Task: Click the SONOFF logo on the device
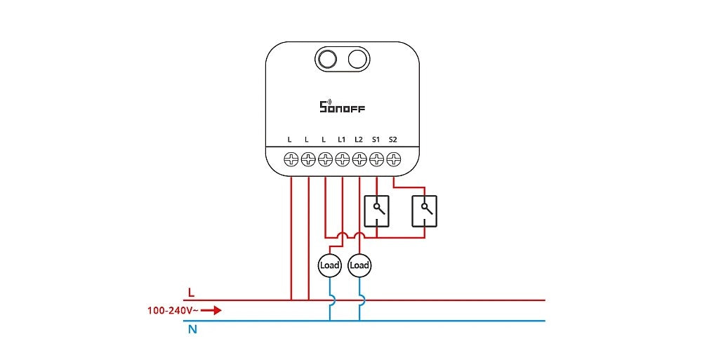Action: click(343, 107)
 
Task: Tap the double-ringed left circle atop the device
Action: click(327, 59)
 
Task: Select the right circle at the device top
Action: click(357, 59)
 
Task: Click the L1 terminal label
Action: click(342, 140)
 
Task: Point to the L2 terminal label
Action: click(359, 140)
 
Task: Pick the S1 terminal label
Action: click(376, 140)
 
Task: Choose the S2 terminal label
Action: click(392, 140)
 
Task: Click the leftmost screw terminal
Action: click(291, 160)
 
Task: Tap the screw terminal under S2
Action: click(393, 160)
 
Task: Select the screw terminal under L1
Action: click(342, 160)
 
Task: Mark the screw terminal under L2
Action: click(359, 160)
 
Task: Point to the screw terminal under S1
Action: click(376, 160)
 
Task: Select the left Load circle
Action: click(329, 265)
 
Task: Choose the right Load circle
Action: click(359, 265)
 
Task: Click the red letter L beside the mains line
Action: click(191, 291)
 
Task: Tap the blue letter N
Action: click(192, 328)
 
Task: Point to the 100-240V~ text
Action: click(172, 309)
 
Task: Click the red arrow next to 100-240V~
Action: click(211, 309)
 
